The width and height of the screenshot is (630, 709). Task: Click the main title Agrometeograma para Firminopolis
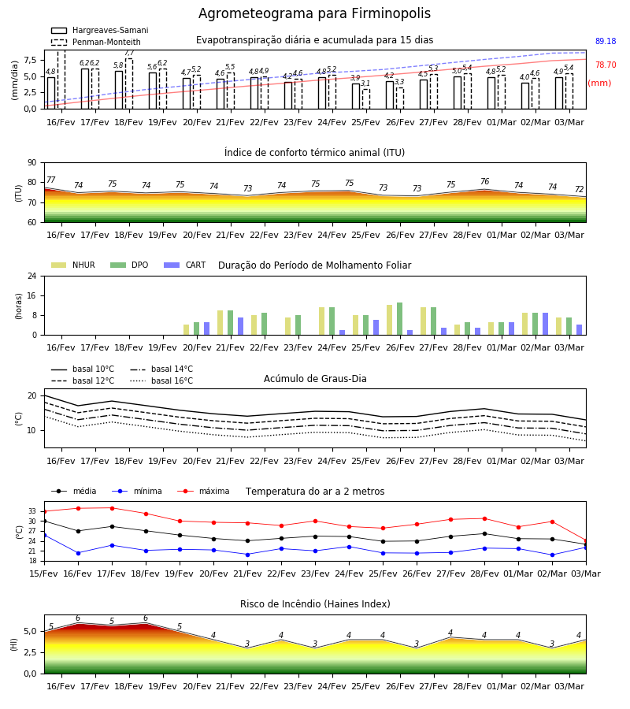(314, 13)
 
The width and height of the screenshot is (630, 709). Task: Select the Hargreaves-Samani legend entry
(99, 30)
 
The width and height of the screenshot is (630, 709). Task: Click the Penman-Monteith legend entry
(96, 42)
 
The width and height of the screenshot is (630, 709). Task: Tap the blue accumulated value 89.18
(606, 41)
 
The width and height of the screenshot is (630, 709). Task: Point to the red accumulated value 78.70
(606, 65)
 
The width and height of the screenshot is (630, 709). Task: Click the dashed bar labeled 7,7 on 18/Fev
(129, 84)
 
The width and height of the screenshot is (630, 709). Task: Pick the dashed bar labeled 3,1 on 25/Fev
(366, 99)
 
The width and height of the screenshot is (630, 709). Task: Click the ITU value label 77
(51, 180)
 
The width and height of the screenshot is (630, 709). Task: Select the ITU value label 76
(485, 181)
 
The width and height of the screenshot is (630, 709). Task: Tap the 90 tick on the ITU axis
(32, 163)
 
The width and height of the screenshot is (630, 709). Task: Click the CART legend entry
(185, 265)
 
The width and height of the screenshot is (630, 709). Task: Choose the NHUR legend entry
(73, 265)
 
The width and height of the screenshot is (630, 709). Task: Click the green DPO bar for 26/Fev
(399, 319)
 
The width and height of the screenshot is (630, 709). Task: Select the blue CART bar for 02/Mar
(546, 324)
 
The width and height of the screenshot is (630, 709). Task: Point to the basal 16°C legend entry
(161, 380)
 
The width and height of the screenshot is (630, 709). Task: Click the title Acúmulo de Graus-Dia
(315, 378)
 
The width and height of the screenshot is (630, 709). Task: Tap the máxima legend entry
(203, 491)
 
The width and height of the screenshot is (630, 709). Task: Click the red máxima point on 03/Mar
(586, 540)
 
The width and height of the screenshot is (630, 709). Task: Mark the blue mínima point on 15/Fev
(44, 536)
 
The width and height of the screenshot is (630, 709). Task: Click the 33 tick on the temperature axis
(32, 511)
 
